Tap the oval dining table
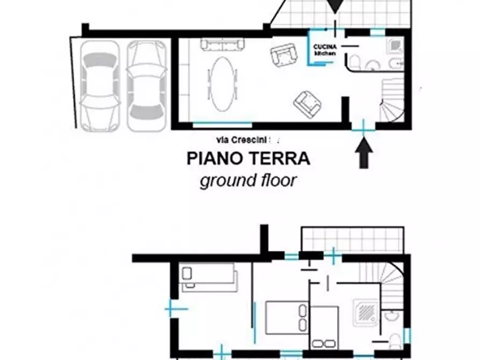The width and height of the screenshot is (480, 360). [x=221, y=83]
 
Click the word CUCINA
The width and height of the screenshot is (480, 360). [x=325, y=47]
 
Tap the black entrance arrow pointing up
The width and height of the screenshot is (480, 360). [x=364, y=152]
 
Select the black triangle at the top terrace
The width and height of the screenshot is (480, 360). [x=334, y=6]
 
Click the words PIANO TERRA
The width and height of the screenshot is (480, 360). [x=248, y=159]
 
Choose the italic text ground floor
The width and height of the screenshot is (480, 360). [x=248, y=180]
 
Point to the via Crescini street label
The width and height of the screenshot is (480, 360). [x=244, y=140]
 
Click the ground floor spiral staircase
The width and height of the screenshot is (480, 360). [x=392, y=100]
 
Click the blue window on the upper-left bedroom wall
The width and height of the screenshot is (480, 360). [x=176, y=309]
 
